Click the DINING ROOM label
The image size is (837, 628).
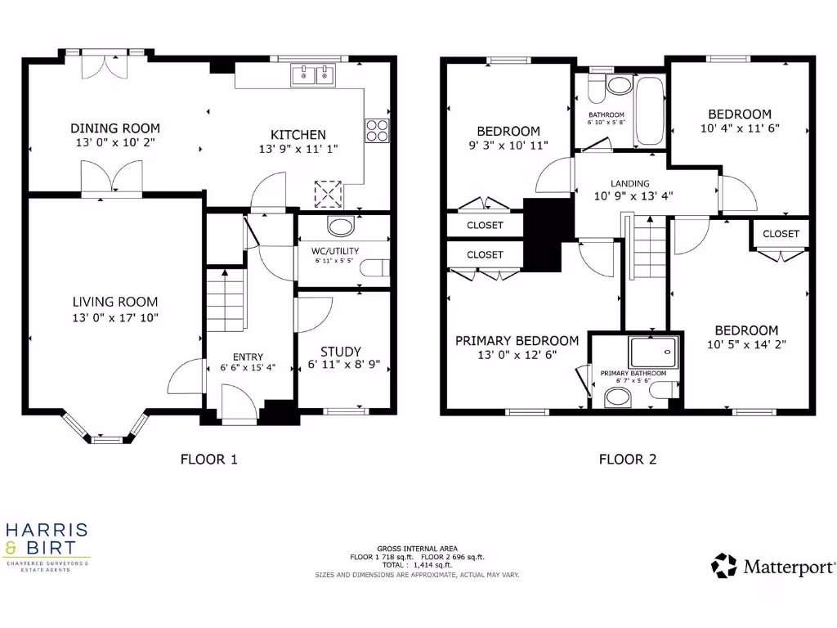114,128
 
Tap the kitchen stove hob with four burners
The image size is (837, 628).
377,131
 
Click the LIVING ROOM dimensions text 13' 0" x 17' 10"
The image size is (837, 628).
114,318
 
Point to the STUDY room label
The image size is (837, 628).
340,352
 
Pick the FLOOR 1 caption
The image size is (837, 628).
208,460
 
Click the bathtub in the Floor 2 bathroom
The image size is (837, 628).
650,111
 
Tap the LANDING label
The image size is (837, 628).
629,184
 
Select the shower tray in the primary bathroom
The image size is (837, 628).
653,351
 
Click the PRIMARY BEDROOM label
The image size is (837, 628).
517,341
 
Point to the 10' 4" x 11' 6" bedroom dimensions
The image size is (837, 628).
739,128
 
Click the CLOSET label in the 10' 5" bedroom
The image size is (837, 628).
781,234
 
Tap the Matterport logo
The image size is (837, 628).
773,566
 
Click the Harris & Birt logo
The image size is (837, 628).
47,545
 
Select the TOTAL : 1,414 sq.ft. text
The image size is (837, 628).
417,565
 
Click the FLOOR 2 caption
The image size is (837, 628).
627,460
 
